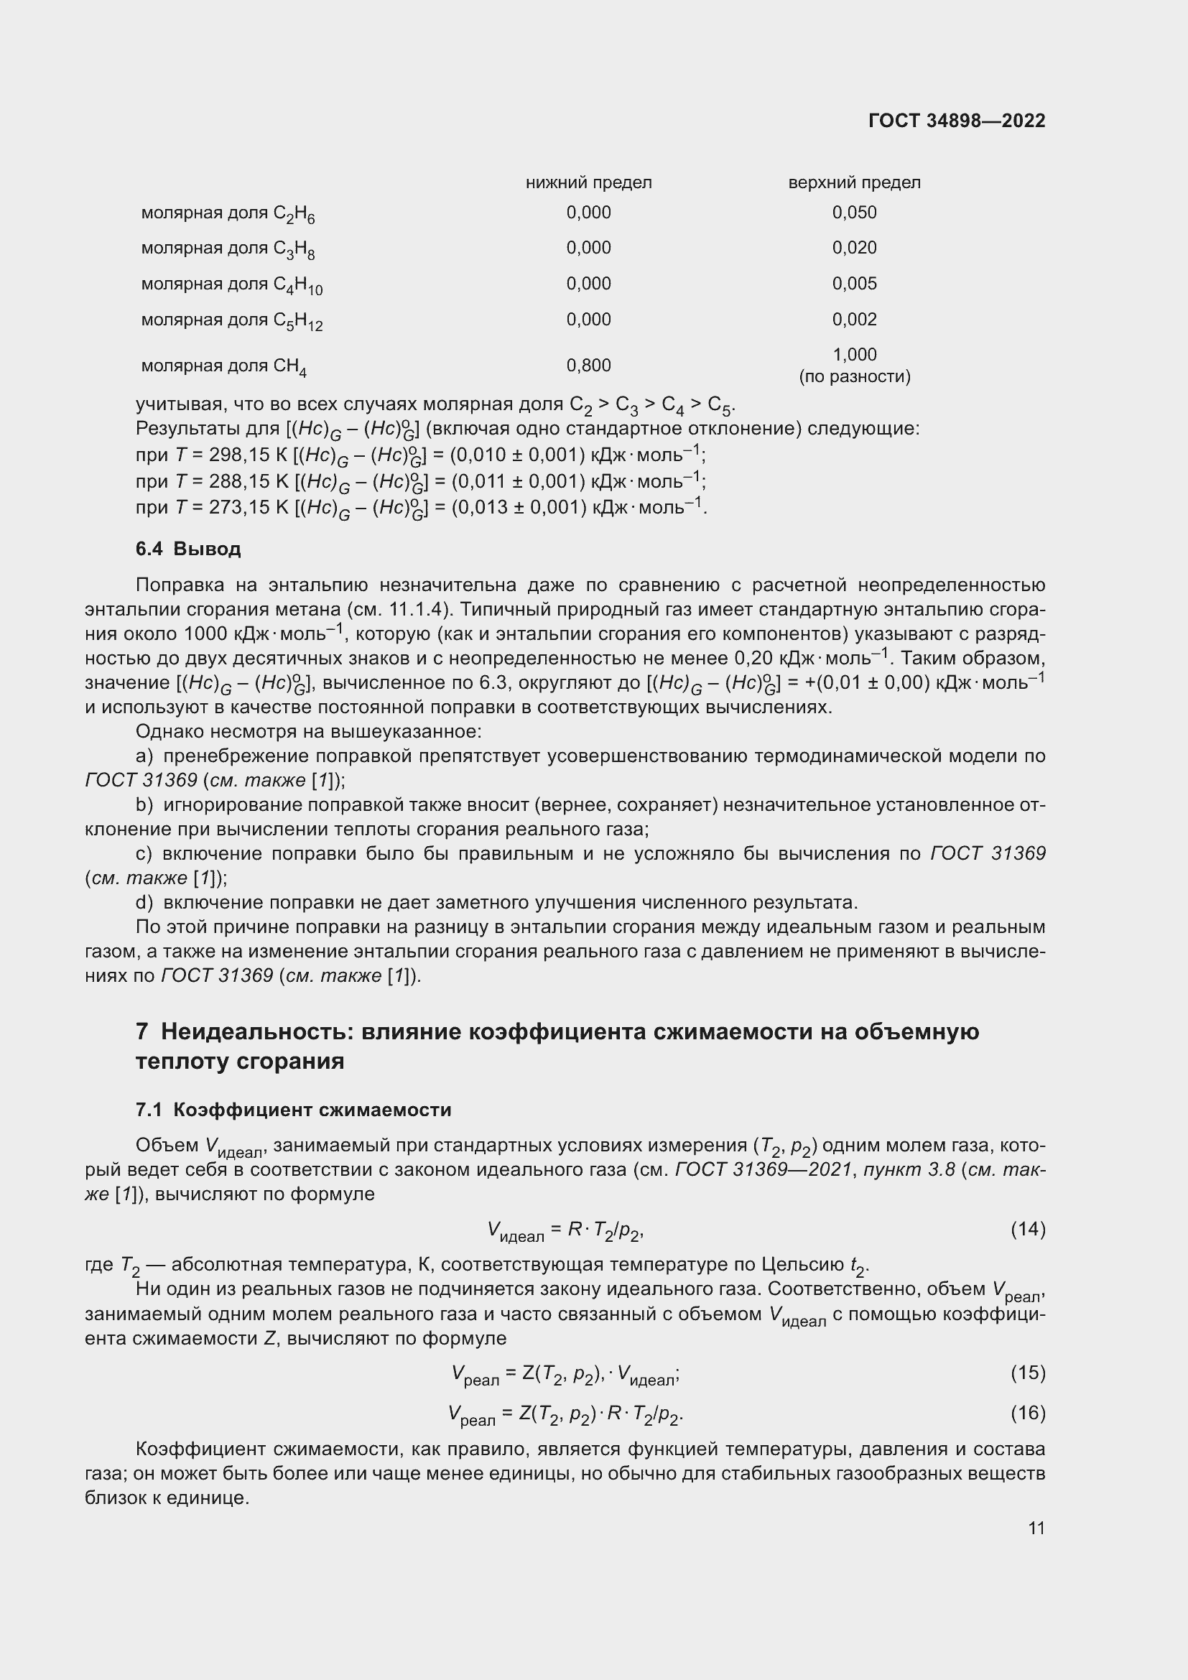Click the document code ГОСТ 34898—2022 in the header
click(x=956, y=121)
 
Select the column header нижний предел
click(x=588, y=182)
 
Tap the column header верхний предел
click(x=854, y=182)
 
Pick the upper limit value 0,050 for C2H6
click(x=854, y=212)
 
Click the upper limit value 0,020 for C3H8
click(x=854, y=247)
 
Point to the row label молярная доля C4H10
click(x=231, y=284)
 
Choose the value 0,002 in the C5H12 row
click(x=854, y=319)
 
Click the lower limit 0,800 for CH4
click(x=588, y=364)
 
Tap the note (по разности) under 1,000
click(x=854, y=377)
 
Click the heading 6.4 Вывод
click(x=188, y=549)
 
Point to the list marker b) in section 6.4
click(x=144, y=805)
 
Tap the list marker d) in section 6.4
click(x=144, y=902)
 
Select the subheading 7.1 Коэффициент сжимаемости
click(x=292, y=1110)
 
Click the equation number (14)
click(x=1027, y=1229)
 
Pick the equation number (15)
click(x=1027, y=1373)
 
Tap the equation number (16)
click(x=1027, y=1413)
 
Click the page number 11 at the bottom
click(x=1036, y=1528)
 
